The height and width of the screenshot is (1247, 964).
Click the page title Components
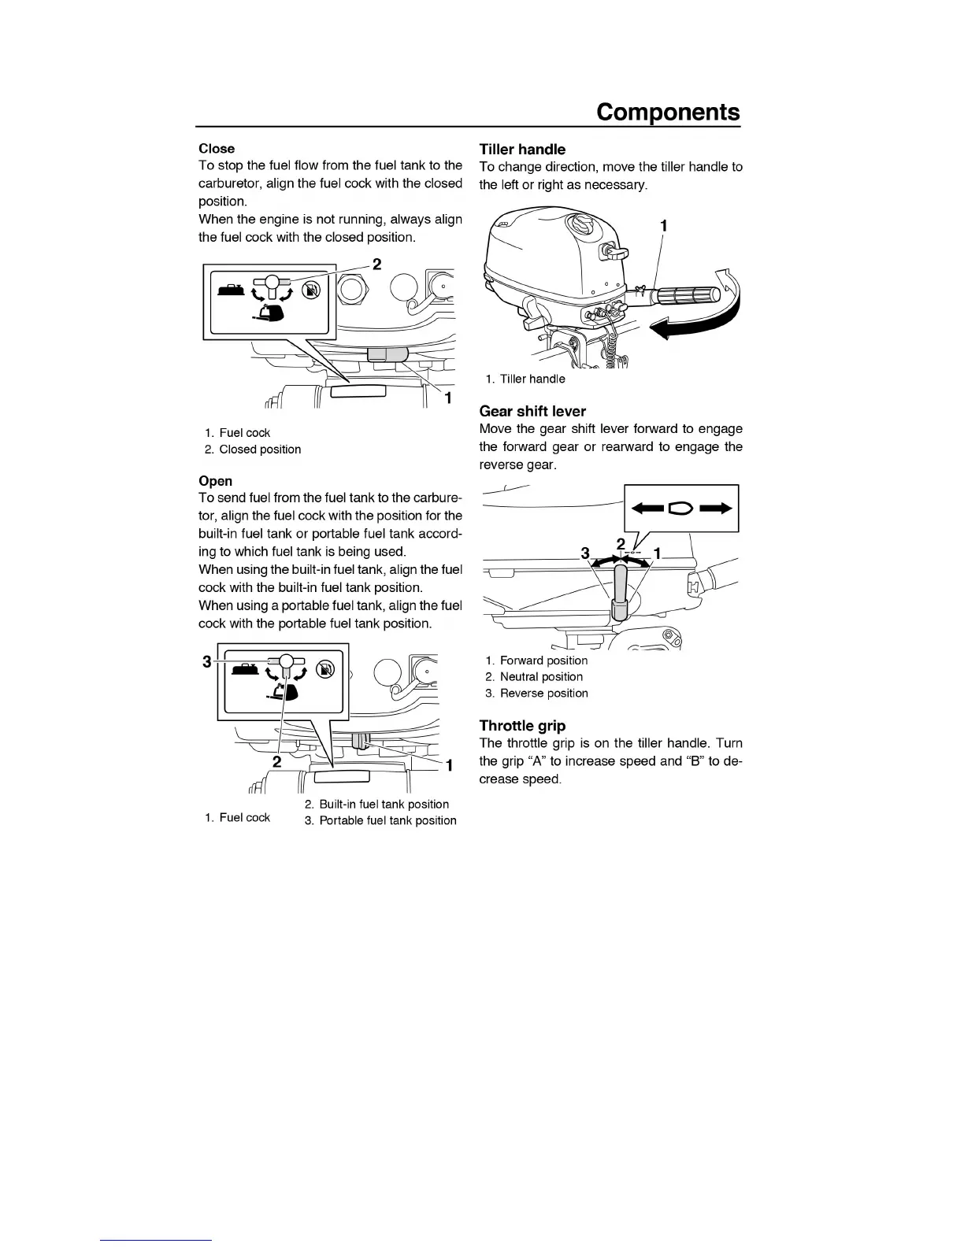[668, 112]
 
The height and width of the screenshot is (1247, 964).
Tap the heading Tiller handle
[522, 149]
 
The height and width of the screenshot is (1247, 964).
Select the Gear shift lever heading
[532, 411]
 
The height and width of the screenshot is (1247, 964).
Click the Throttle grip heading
[522, 726]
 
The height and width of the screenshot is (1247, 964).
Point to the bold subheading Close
[217, 148]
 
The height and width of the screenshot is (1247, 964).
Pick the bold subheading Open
[215, 481]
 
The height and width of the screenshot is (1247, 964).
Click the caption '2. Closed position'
[252, 450]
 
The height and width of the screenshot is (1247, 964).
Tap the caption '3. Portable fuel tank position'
[380, 820]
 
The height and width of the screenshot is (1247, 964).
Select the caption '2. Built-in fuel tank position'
[376, 804]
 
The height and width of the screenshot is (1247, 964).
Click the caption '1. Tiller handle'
[525, 379]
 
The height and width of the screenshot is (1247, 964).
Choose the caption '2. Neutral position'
[534, 676]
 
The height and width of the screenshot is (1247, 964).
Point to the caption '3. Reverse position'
[536, 693]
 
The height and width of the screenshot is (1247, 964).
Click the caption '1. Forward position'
[536, 661]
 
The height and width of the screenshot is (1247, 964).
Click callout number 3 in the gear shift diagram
[585, 553]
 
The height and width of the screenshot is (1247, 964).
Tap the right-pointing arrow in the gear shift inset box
[715, 509]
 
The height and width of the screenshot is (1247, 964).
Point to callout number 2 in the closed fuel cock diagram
[376, 264]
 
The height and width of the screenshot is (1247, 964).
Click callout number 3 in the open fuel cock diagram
[207, 661]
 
